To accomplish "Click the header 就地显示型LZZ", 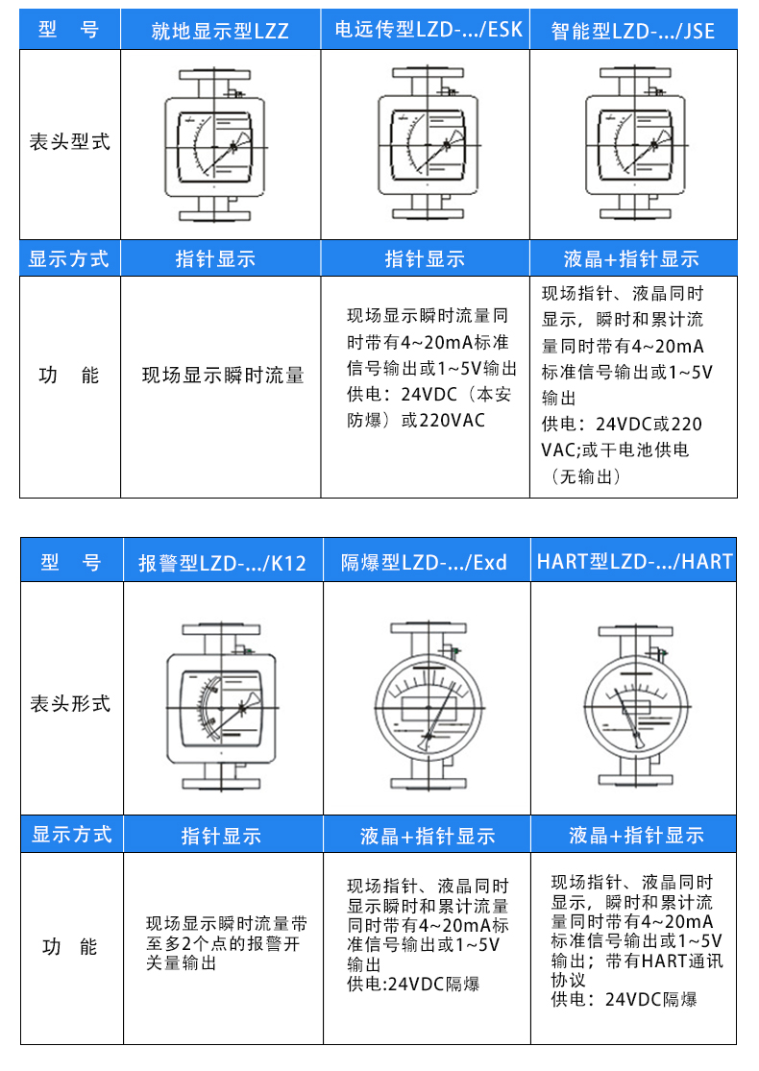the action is [220, 31].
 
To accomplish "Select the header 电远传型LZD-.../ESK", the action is [428, 30].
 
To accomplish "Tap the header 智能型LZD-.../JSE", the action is [633, 31].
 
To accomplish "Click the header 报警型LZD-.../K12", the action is [222, 563].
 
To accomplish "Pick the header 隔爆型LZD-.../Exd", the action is [425, 562].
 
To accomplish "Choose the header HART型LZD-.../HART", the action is [635, 562].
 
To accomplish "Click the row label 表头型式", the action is [70, 142].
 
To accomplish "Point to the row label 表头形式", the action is [70, 703].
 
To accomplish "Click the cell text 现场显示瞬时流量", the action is [223, 375].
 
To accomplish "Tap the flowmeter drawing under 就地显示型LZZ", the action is [214, 145].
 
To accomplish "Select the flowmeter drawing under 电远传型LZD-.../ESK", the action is [428, 143].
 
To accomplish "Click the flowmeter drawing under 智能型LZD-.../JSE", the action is [635, 143].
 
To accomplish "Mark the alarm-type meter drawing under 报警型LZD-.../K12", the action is [222, 707].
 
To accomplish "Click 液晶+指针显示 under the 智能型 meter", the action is [632, 259].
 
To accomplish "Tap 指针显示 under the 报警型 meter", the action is [221, 836].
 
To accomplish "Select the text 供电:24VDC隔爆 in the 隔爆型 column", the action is [413, 985].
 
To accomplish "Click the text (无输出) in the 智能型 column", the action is [585, 476].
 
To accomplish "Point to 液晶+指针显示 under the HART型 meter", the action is [637, 835].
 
